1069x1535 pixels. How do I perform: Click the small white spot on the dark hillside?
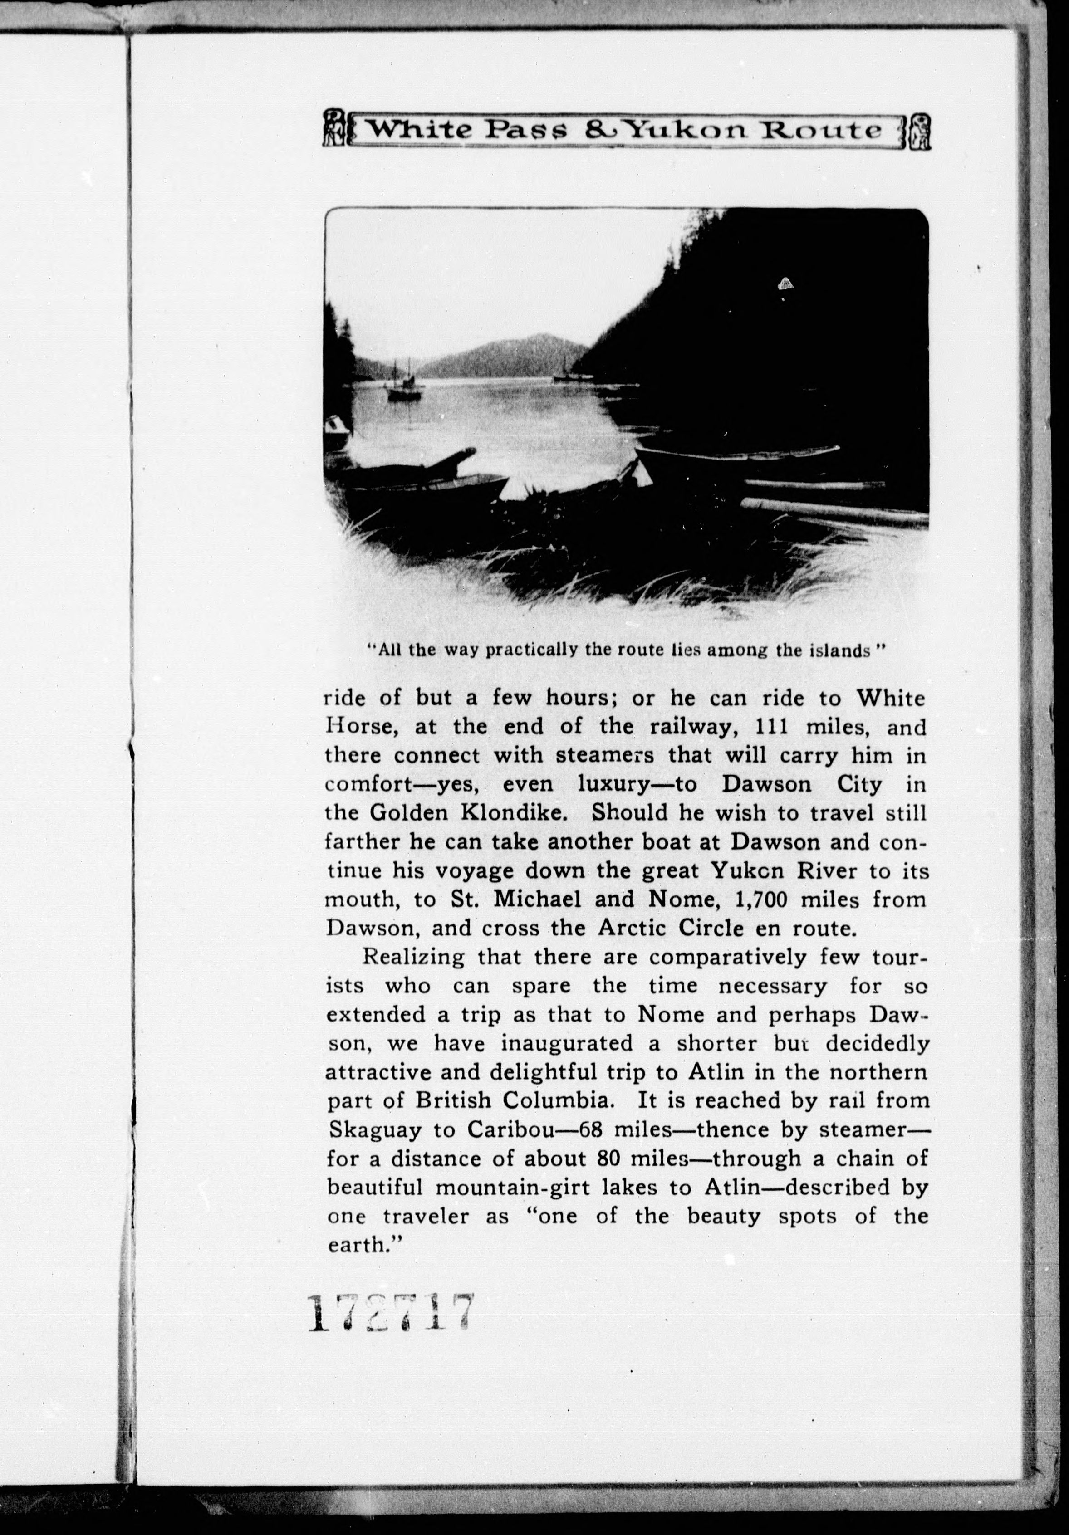[x=784, y=283]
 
